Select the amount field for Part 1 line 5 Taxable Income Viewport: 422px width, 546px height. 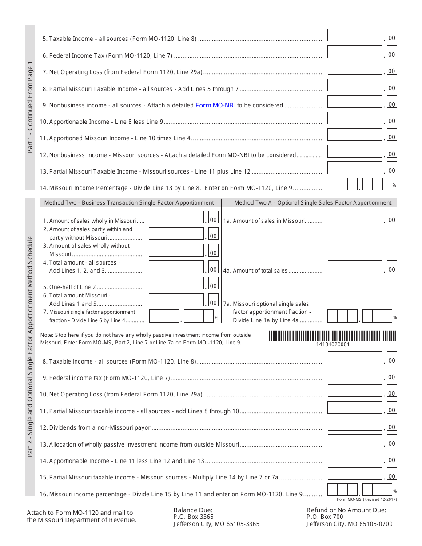(354, 36)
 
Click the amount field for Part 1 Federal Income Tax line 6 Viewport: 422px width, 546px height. (354, 52)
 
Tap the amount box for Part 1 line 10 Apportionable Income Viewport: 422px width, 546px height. (354, 118)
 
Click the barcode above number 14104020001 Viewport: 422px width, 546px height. (332, 336)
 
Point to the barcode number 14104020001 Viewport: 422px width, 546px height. (333, 344)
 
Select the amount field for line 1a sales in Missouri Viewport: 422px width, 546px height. (354, 217)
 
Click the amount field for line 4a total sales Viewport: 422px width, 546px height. (354, 267)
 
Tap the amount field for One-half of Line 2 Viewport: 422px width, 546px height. (176, 284)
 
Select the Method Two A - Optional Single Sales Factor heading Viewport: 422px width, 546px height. (313, 203)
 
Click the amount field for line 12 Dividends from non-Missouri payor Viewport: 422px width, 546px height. (354, 424)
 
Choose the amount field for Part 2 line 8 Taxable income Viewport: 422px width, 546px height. (354, 358)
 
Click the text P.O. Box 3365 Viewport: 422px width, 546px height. (193, 517)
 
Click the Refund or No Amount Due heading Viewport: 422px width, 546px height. (346, 510)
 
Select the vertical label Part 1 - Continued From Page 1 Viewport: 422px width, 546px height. (30, 107)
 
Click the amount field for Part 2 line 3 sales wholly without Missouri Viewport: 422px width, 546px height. (176, 250)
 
